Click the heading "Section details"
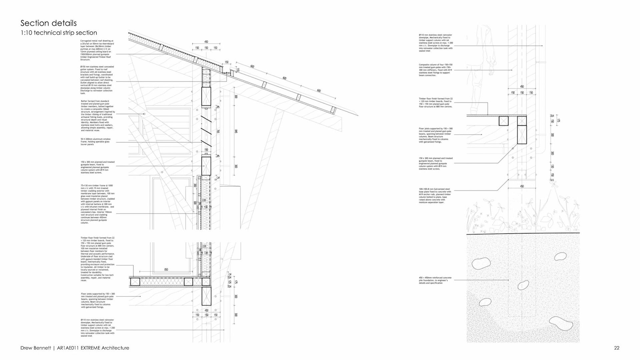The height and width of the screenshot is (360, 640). (x=49, y=23)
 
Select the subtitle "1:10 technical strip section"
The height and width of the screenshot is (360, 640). (x=59, y=33)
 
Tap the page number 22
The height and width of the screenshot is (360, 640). (x=617, y=348)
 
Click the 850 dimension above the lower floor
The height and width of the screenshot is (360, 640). (x=166, y=269)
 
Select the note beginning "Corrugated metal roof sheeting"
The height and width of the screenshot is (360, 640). (x=97, y=50)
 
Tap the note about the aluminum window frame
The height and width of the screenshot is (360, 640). (x=96, y=142)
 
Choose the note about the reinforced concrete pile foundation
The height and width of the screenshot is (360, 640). (x=435, y=280)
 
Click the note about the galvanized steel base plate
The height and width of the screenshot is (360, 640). (x=435, y=196)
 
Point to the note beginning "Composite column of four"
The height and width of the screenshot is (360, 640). (x=436, y=70)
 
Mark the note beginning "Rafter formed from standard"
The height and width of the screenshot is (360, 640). (x=98, y=115)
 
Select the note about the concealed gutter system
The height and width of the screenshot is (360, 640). (x=97, y=80)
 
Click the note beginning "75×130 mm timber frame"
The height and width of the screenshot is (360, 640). (x=98, y=204)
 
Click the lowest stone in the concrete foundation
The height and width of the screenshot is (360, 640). (x=561, y=323)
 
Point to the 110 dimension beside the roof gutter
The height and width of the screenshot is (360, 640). (x=238, y=70)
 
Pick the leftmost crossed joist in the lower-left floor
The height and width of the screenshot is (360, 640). (x=135, y=282)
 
